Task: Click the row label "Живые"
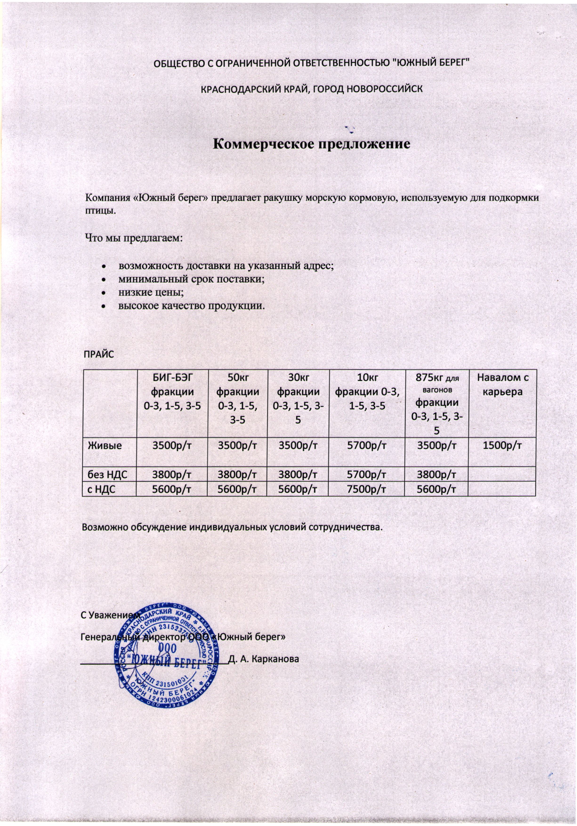[x=105, y=445]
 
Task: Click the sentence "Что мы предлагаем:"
[x=134, y=238]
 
